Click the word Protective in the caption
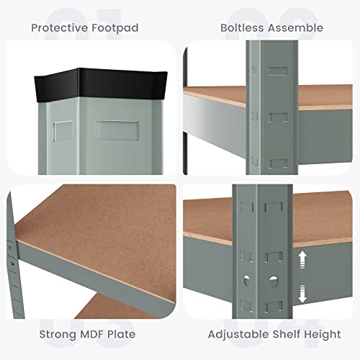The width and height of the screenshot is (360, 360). pyautogui.click(x=60, y=28)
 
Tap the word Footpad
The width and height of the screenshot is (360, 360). pyautogui.click(x=115, y=28)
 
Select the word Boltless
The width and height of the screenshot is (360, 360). pyautogui.click(x=242, y=28)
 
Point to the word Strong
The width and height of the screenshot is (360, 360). pyautogui.click(x=58, y=334)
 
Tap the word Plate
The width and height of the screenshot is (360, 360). pyautogui.click(x=122, y=334)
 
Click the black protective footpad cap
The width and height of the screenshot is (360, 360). pyautogui.click(x=101, y=84)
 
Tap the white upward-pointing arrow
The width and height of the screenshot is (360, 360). pyautogui.click(x=302, y=259)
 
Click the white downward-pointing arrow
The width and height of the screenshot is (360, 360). pyautogui.click(x=302, y=294)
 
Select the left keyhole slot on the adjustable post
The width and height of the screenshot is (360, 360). pyautogui.click(x=246, y=280)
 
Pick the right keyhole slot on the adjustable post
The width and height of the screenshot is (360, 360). pyautogui.click(x=274, y=282)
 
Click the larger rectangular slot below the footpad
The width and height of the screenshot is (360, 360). pyautogui.click(x=117, y=130)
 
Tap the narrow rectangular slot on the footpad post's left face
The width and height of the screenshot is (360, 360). pyautogui.click(x=63, y=131)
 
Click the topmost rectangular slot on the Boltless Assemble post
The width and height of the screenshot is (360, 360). pyautogui.click(x=278, y=71)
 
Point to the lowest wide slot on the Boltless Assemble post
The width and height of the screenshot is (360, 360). pyautogui.click(x=278, y=163)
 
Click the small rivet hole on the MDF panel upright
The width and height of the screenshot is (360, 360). pyautogui.click(x=12, y=264)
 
